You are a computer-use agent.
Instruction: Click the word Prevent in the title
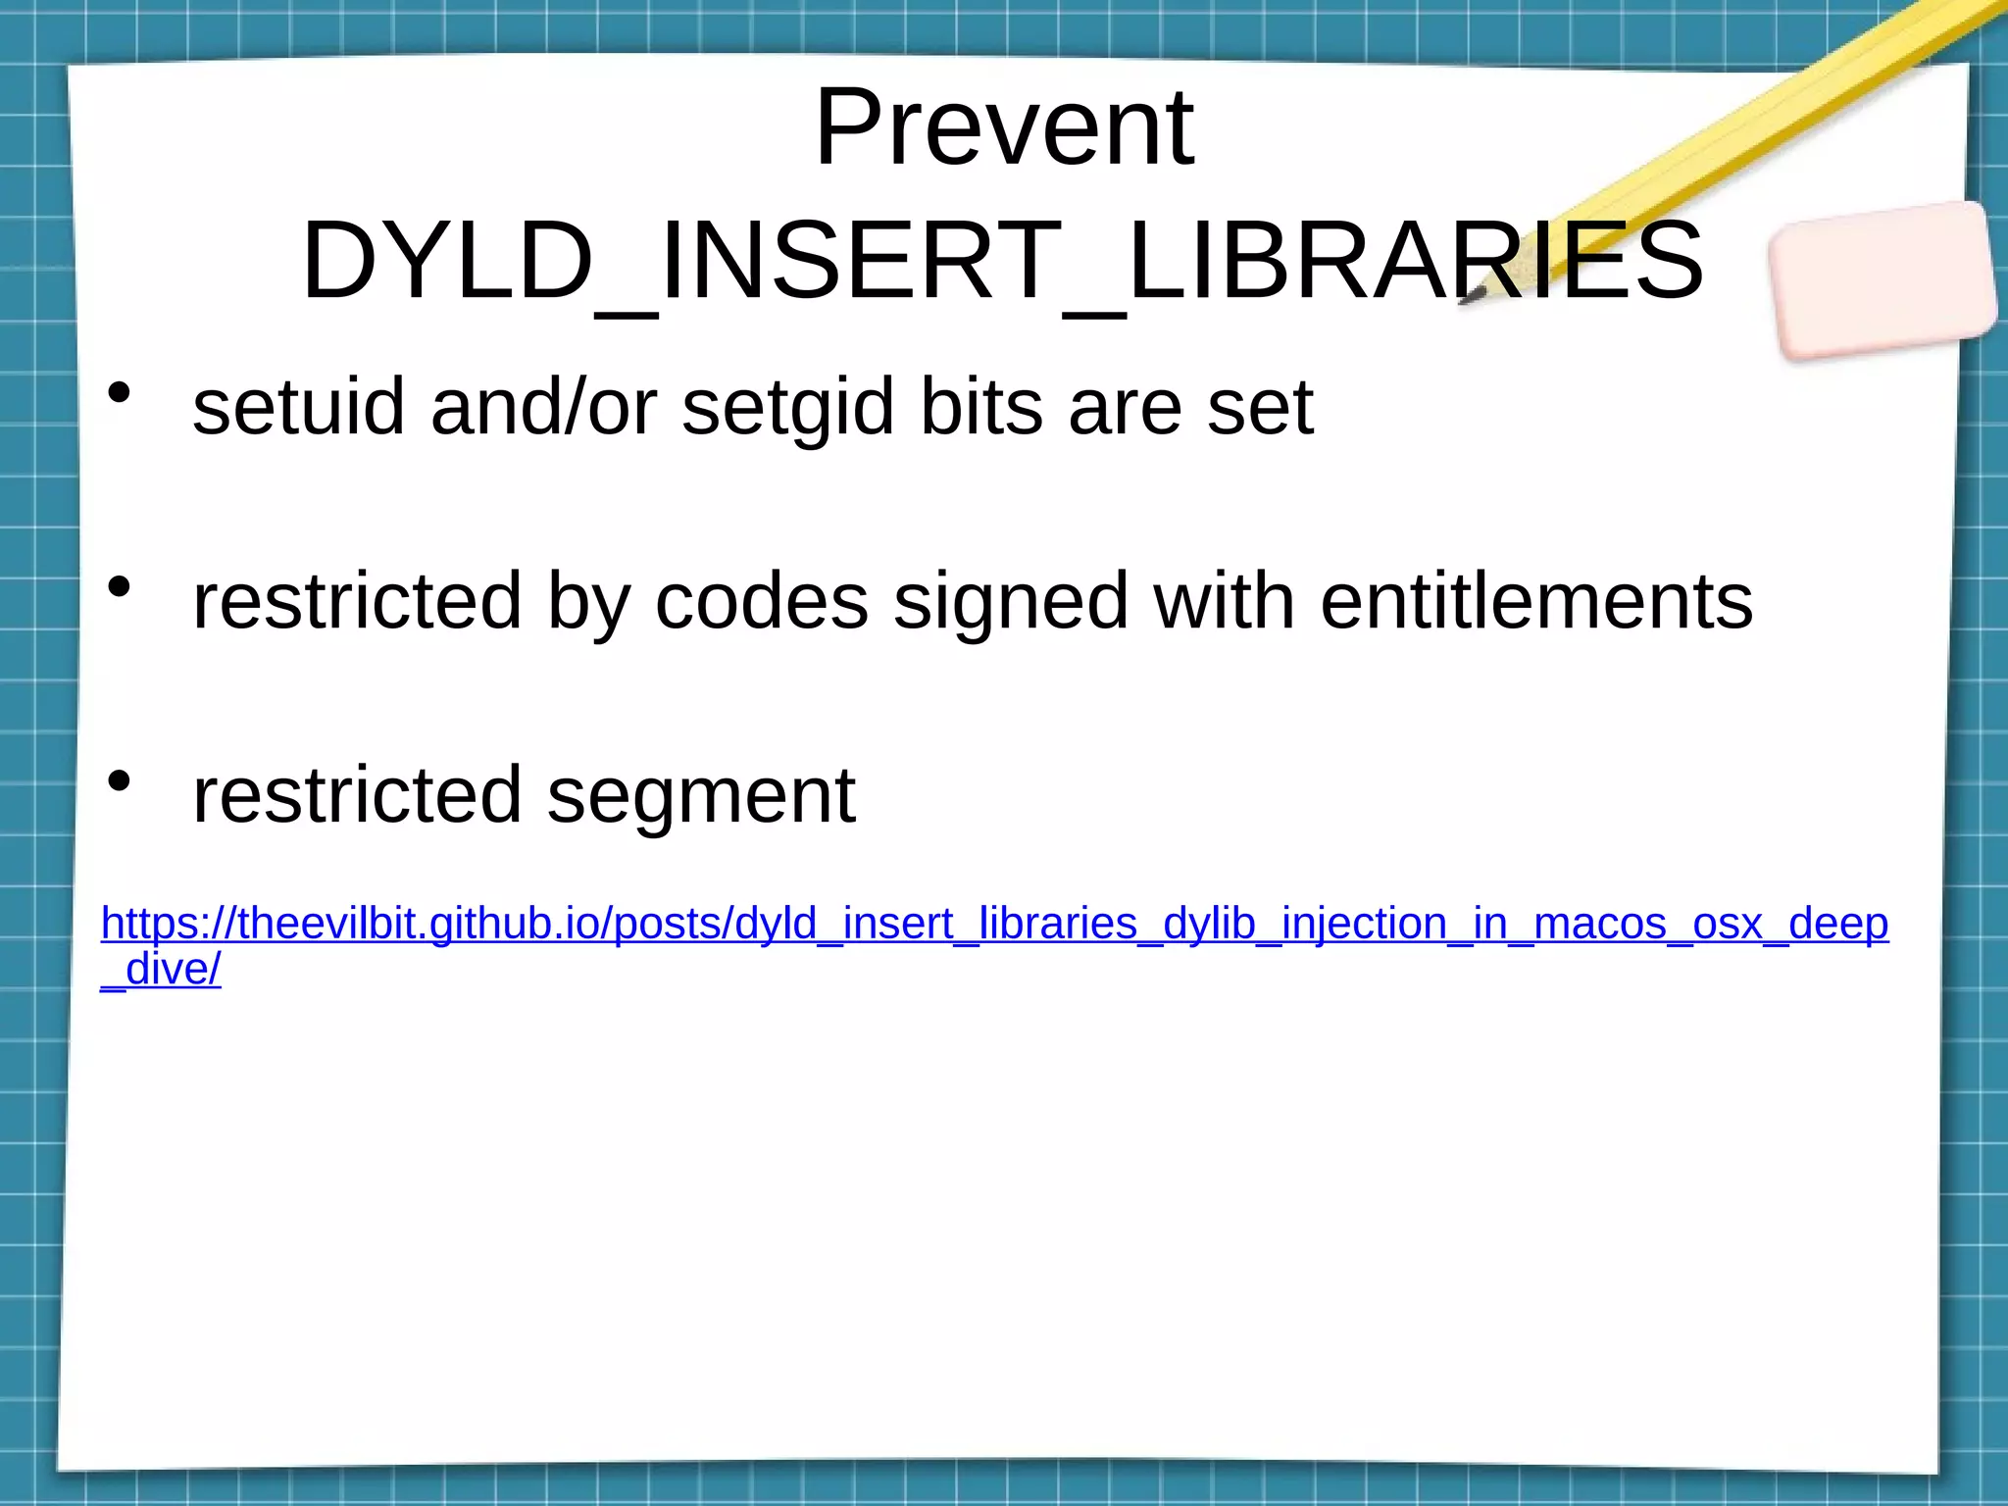click(1003, 128)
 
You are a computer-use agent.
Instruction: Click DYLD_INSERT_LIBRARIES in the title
click(1003, 261)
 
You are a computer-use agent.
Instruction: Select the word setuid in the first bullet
click(298, 407)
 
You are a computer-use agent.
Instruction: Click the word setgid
click(787, 407)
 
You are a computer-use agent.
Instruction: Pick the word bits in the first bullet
click(980, 407)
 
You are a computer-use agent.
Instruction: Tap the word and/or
click(543, 407)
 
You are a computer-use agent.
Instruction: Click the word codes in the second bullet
click(761, 601)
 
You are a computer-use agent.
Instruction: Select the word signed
click(1011, 601)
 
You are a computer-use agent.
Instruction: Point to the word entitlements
click(1536, 601)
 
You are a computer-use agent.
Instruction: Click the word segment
click(701, 795)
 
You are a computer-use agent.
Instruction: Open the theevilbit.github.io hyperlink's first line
click(994, 925)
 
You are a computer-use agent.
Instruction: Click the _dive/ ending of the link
click(162, 970)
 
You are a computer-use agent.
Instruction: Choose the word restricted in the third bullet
click(357, 795)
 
